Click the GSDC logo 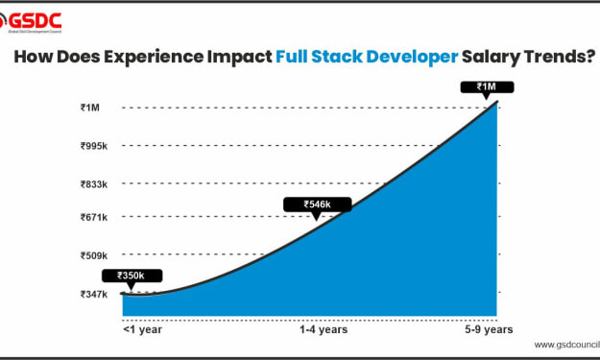31,23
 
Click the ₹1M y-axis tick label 90,108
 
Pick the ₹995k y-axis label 94,146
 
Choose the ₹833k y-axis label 94,184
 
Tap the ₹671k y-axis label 94,217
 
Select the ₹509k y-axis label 94,255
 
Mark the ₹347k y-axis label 94,294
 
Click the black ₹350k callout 132,276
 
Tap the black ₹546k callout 317,204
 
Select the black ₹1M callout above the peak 487,87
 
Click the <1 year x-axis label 142,329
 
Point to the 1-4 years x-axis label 324,329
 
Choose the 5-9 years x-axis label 489,329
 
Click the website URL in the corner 567,345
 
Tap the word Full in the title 292,57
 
